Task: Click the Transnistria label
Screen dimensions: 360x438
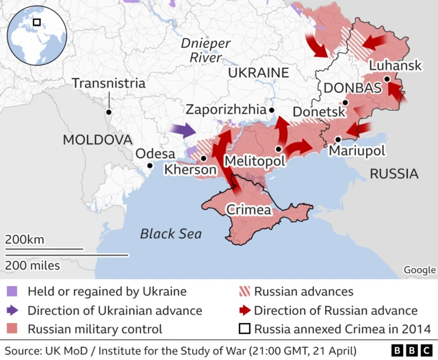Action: pyautogui.click(x=108, y=83)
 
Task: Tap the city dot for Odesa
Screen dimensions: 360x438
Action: pyautogui.click(x=150, y=166)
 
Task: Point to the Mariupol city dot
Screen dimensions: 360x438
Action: pyautogui.click(x=338, y=140)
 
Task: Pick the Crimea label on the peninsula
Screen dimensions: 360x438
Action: pyautogui.click(x=248, y=210)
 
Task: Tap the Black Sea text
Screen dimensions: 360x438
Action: pyautogui.click(x=171, y=234)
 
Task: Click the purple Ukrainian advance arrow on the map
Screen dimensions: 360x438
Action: pyautogui.click(x=182, y=129)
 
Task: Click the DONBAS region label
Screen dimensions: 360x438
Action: pyautogui.click(x=352, y=88)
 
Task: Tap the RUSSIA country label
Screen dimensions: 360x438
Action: pyautogui.click(x=394, y=174)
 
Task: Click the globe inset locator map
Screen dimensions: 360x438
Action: pyautogui.click(x=36, y=35)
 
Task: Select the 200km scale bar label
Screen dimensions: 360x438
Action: pyautogui.click(x=25, y=240)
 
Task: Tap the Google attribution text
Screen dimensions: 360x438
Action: pyautogui.click(x=419, y=270)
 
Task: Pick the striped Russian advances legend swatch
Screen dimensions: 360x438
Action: pyautogui.click(x=243, y=292)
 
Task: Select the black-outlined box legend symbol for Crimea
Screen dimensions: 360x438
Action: pyautogui.click(x=243, y=329)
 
